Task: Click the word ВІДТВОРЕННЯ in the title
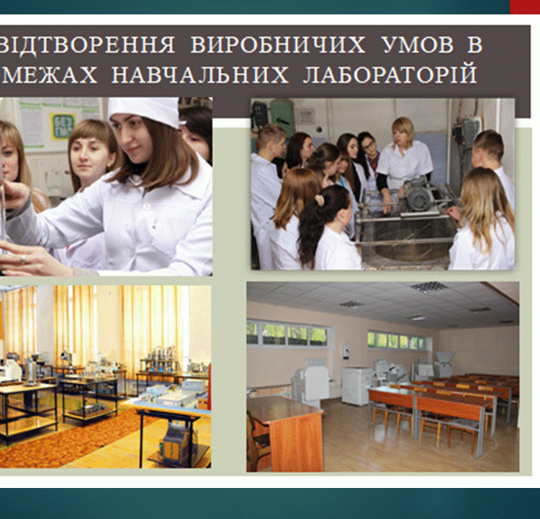(x=87, y=45)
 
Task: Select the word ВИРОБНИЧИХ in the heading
(x=278, y=45)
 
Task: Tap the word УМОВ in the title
(x=418, y=45)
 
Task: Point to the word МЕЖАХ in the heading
(x=50, y=74)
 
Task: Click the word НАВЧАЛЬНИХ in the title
(x=199, y=74)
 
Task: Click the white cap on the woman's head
(x=144, y=111)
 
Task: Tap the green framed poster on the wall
(x=63, y=125)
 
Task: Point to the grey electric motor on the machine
(x=418, y=195)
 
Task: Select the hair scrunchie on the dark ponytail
(x=320, y=200)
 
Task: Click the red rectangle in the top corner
(x=524, y=7)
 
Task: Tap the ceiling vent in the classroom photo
(x=429, y=287)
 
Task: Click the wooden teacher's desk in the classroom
(x=285, y=431)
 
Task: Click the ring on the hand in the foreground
(x=23, y=258)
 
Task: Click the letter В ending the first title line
(x=474, y=45)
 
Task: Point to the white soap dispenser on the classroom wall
(x=346, y=351)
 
